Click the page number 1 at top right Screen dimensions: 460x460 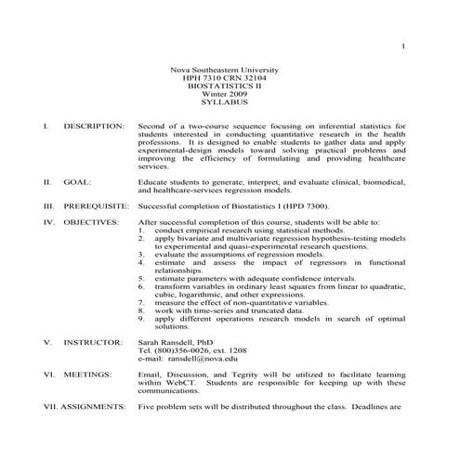point(404,46)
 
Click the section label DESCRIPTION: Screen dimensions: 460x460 point(94,125)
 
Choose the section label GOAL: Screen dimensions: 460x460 point(77,182)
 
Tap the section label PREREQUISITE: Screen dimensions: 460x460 point(97,206)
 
